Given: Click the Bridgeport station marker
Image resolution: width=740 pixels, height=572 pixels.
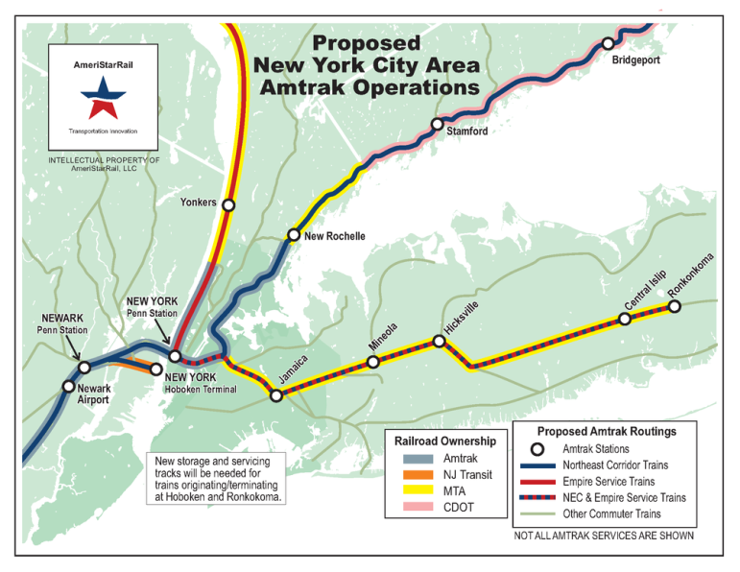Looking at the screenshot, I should tap(608, 44).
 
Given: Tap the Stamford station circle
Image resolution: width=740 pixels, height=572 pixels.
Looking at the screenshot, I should tap(437, 124).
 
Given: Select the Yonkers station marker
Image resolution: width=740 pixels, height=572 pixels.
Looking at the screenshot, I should tap(228, 204).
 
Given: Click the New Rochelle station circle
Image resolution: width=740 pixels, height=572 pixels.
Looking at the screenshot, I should tap(294, 235).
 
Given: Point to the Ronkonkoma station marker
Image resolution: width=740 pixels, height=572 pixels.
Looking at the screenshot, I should tap(674, 306).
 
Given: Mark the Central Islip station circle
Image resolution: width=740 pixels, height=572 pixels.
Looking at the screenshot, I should tap(625, 319).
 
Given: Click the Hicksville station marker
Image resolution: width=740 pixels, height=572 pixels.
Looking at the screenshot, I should tap(440, 341).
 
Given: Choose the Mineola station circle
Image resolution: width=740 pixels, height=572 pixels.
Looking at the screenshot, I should tap(374, 362).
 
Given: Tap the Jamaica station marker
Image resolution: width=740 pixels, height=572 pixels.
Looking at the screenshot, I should tap(275, 395).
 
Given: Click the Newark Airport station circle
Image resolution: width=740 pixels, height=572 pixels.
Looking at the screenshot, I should tap(68, 387).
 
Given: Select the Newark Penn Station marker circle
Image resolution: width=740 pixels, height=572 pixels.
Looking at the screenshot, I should tap(84, 367).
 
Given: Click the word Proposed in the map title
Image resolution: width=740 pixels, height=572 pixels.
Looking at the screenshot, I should tap(366, 43).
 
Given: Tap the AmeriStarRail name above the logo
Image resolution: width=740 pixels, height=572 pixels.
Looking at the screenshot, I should tap(105, 64).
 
